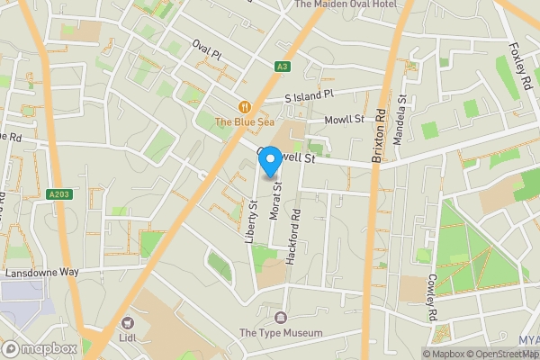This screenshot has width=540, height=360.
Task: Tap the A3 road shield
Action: (x=283, y=66)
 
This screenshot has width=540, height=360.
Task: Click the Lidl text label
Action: (x=127, y=338)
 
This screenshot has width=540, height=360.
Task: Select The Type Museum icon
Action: (x=280, y=317)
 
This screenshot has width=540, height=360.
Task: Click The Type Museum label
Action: (x=280, y=333)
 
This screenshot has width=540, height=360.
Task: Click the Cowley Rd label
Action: (x=431, y=297)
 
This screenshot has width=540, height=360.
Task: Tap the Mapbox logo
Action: (x=40, y=348)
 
